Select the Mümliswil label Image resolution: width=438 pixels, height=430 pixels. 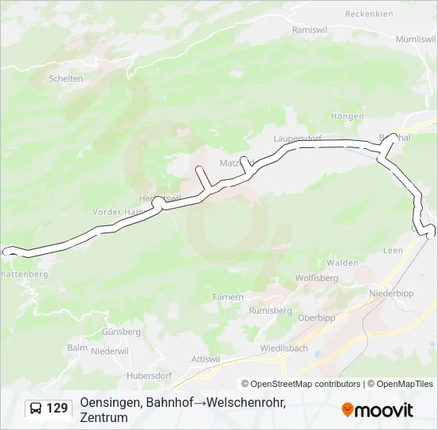416,39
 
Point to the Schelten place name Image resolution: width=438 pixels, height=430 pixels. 66,78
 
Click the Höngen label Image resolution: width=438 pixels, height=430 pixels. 347,116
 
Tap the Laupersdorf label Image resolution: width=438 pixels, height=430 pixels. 297,138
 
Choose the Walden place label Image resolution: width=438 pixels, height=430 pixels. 342,262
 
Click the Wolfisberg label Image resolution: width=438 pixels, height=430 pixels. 317,278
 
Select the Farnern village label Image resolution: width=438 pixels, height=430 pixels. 228,297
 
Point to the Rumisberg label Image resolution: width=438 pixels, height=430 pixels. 271,311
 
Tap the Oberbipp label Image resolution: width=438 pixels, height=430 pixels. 315,317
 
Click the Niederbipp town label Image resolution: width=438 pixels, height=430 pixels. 389,293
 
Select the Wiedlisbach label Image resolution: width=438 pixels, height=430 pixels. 284,348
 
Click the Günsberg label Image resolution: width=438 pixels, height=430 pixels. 123,331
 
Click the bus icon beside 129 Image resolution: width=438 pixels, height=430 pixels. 37,408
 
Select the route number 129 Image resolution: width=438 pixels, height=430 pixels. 57,408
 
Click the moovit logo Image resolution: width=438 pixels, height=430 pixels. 377,410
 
